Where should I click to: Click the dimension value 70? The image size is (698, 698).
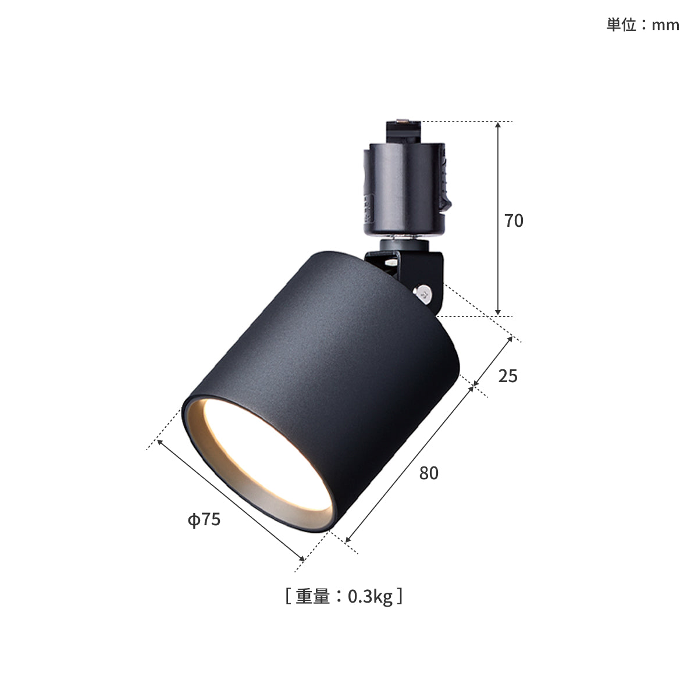coord(514,221)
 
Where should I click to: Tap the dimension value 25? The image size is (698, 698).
coord(507,376)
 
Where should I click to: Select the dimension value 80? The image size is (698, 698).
coord(429,473)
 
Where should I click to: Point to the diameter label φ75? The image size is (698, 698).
coord(204,519)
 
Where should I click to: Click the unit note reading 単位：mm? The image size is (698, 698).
coord(643,25)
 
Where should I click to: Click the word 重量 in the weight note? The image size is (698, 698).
coord(312,597)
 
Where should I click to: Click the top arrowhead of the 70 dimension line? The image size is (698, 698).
coord(498,125)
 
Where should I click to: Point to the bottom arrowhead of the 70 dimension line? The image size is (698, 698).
coord(498,312)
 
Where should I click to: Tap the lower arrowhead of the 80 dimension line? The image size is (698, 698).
coord(348,539)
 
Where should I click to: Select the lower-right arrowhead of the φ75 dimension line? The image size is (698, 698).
coord(301,558)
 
